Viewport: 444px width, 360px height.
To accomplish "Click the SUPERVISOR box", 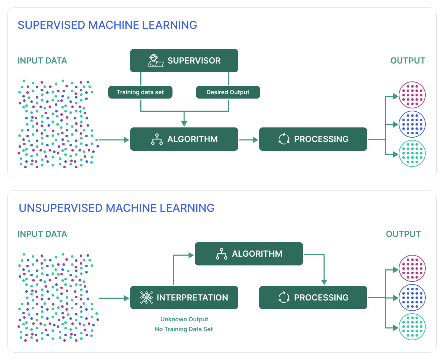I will click(x=184, y=61).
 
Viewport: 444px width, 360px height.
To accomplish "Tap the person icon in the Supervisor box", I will click(x=155, y=61).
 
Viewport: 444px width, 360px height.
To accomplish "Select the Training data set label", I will click(x=140, y=92).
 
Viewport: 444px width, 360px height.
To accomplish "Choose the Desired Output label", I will click(x=228, y=92).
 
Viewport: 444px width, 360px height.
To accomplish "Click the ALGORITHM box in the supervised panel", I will click(x=184, y=139).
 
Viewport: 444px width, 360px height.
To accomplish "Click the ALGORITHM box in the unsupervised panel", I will click(x=248, y=254).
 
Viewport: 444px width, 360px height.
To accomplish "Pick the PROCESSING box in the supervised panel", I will click(x=313, y=139).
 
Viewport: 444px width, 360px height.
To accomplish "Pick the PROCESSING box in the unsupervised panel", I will click(x=313, y=298).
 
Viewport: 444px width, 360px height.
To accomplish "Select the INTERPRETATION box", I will click(x=184, y=298).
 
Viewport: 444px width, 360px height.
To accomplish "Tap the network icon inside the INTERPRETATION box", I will click(x=147, y=298).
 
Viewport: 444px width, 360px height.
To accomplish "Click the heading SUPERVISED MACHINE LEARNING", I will click(x=107, y=25).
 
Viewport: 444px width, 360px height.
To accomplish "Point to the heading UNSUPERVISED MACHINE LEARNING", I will click(x=117, y=208).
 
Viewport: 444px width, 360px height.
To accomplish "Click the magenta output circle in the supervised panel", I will click(x=412, y=95).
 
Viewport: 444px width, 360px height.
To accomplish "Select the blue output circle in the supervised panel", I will click(x=412, y=124).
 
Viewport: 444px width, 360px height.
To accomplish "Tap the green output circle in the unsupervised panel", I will click(x=412, y=327).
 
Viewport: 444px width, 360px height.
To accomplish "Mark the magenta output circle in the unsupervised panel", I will click(x=412, y=268).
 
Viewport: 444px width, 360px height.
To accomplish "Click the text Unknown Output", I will click(x=184, y=319).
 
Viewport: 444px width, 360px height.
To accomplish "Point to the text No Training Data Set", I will click(x=184, y=329).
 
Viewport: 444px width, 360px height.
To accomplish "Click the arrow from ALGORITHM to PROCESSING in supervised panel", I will click(x=248, y=139).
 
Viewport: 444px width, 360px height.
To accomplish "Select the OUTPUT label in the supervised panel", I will click(x=408, y=61).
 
